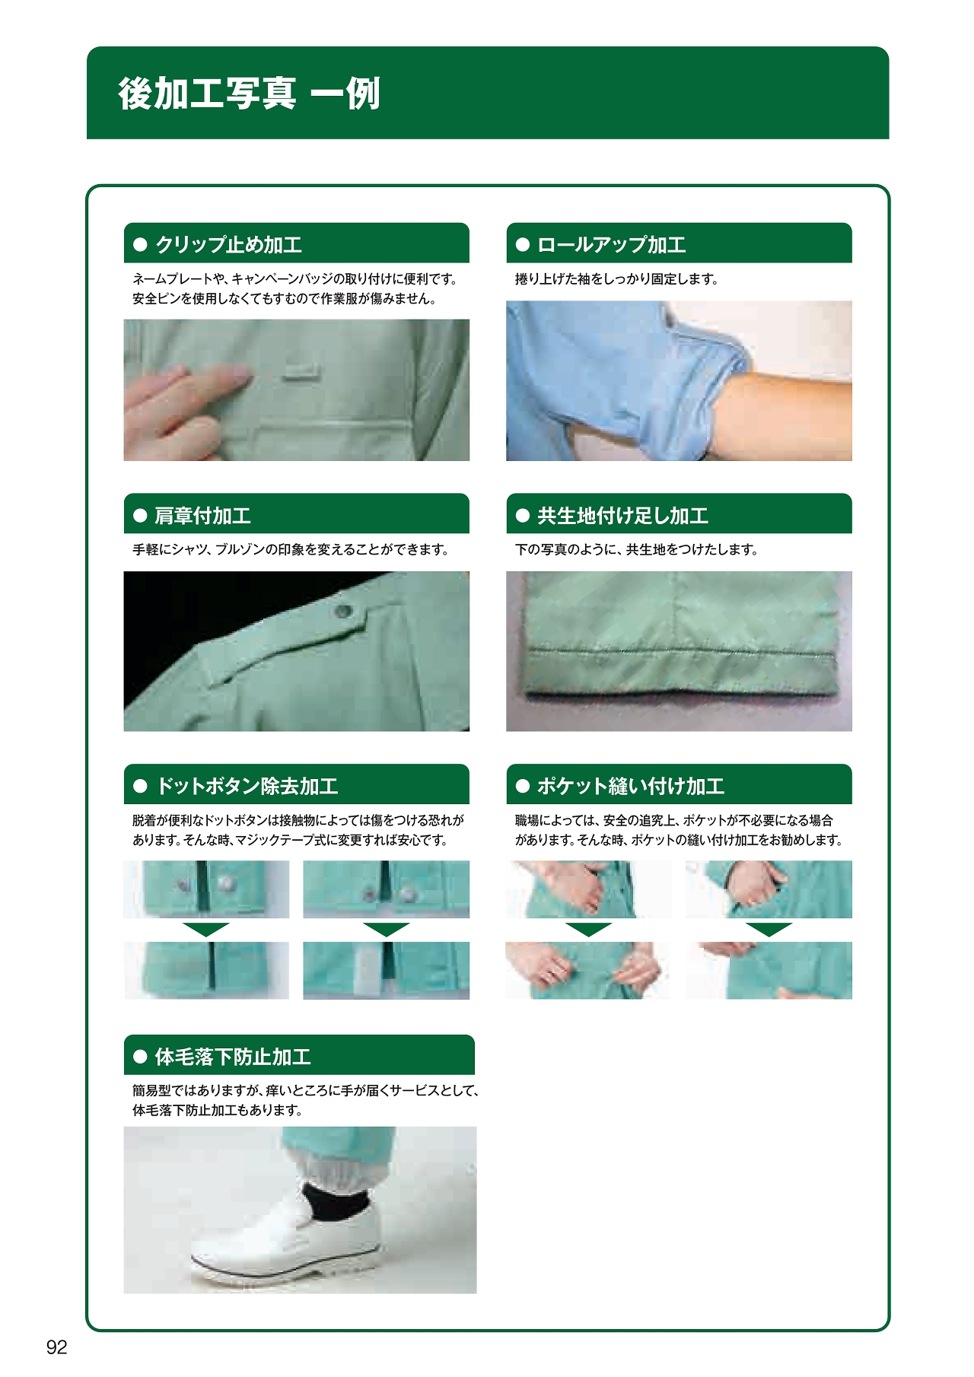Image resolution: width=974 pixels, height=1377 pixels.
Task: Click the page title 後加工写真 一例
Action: click(249, 94)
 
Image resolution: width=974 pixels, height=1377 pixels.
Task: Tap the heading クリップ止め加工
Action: click(229, 245)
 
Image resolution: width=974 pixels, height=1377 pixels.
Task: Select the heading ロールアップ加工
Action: click(612, 245)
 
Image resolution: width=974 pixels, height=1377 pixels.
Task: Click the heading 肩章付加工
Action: click(202, 516)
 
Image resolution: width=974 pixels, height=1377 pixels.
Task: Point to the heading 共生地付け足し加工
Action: click(622, 516)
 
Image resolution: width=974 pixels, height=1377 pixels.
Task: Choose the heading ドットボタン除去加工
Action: click(247, 786)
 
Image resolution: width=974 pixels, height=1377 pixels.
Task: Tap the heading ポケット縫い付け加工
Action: click(631, 786)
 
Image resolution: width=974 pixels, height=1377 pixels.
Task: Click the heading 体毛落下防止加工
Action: click(233, 1057)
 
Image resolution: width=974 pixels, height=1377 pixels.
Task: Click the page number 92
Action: click(57, 1347)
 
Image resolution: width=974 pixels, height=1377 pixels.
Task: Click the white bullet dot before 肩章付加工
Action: click(140, 516)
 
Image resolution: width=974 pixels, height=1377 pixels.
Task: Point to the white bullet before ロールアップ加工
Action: click(523, 245)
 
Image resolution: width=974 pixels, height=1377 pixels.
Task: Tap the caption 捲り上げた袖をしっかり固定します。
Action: click(617, 279)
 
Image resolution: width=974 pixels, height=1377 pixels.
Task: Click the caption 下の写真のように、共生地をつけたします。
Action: click(637, 549)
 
